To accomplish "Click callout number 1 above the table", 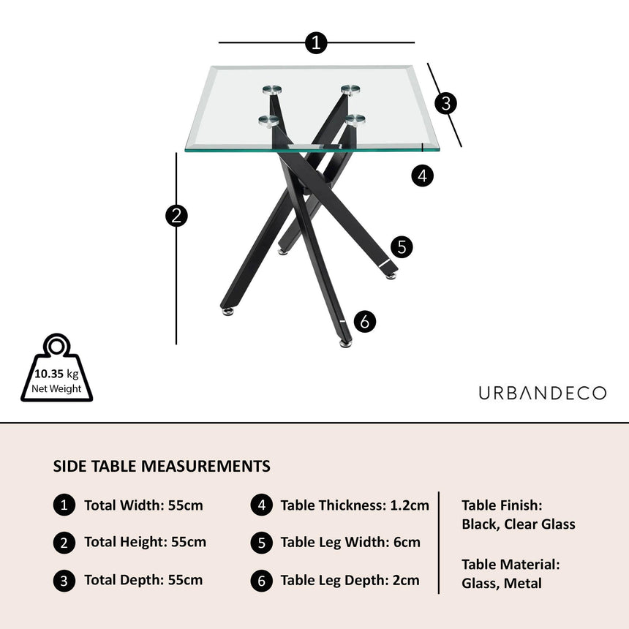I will (316, 43).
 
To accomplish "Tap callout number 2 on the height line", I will (176, 216).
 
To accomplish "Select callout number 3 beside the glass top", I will (445, 104).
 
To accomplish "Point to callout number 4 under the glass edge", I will (422, 176).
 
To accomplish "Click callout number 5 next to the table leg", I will (401, 247).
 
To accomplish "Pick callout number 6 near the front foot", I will (365, 321).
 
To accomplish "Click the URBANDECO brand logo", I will (542, 393).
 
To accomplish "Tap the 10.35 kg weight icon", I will (56, 372).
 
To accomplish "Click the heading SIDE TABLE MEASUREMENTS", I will (162, 466).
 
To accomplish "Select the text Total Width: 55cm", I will (143, 505).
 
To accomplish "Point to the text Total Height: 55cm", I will (145, 543).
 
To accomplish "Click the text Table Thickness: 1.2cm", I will (355, 505).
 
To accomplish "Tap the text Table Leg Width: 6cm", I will (350, 543).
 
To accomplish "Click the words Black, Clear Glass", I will (518, 524).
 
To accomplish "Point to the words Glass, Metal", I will (502, 584).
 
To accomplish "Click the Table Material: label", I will (511, 565).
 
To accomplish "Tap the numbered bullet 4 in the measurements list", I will (262, 505).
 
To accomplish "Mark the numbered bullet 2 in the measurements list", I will (64, 543).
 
